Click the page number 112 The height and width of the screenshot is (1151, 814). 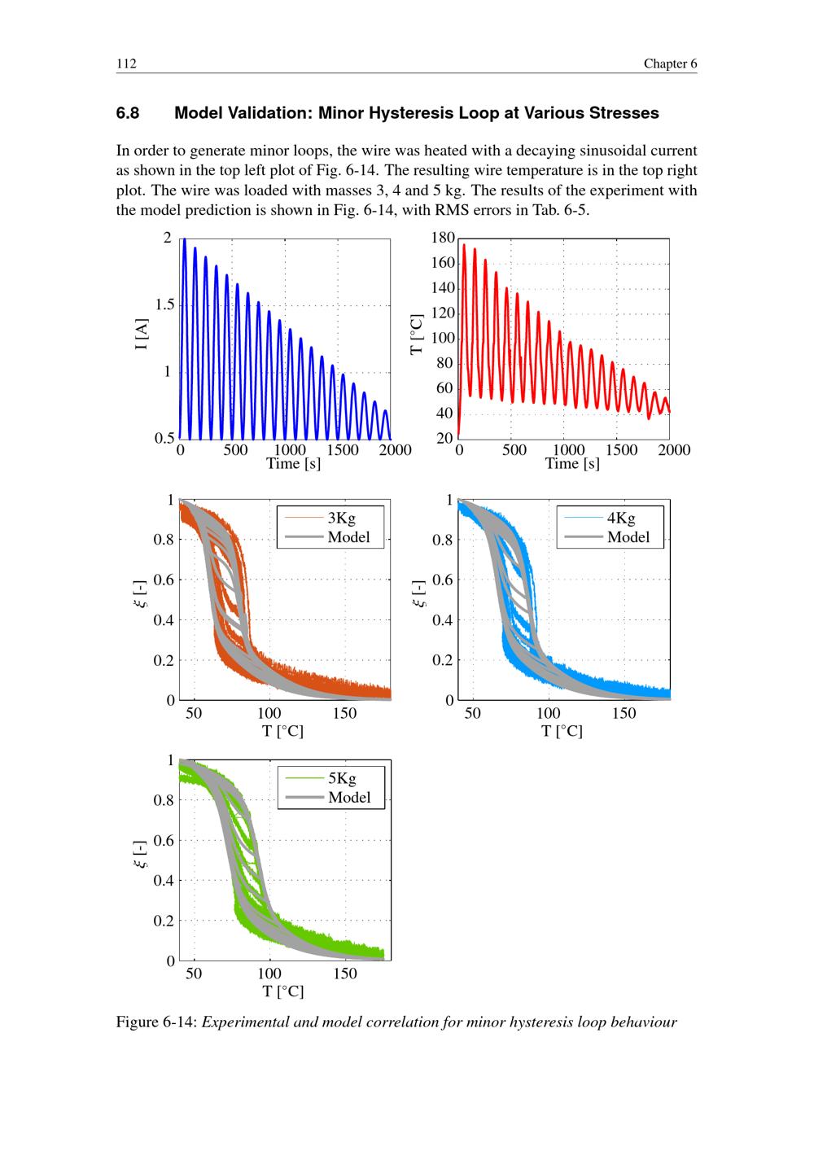126,64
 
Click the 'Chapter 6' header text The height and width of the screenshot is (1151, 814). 670,64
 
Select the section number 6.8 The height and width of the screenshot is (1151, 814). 128,113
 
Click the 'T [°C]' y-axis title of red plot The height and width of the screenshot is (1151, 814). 418,334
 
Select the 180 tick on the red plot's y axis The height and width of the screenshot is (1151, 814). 443,238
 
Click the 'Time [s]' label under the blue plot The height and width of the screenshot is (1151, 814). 293,464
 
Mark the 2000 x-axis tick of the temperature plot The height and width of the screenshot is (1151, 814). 673,450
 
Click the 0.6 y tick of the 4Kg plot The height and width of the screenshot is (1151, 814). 442,580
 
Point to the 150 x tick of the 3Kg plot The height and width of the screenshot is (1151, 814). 345,714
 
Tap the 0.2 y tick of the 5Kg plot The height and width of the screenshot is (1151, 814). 164,921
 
